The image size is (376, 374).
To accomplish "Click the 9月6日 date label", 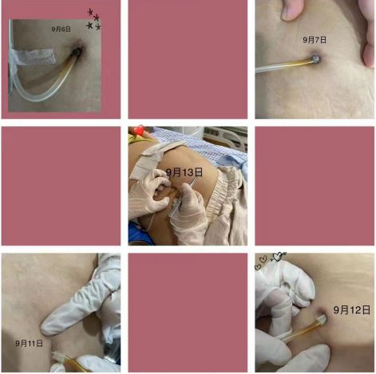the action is click(x=61, y=29).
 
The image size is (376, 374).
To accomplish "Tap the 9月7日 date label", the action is click(x=315, y=40).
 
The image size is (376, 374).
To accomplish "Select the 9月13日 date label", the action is click(x=184, y=172).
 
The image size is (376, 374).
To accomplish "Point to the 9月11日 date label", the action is click(x=29, y=343).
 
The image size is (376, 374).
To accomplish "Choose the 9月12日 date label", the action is click(x=351, y=309).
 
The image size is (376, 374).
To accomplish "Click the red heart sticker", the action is click(x=139, y=130).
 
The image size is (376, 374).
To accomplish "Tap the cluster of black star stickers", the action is click(x=93, y=19).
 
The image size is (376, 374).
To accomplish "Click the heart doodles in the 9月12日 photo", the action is click(x=270, y=259).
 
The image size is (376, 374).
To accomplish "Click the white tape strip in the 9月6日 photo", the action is click(x=33, y=57).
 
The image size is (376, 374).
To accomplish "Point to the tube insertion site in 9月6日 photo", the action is click(x=77, y=50).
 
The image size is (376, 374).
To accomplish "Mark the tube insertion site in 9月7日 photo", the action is click(x=315, y=59).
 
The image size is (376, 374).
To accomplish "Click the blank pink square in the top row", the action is click(x=188, y=59).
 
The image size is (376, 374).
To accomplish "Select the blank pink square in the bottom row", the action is click(x=188, y=313).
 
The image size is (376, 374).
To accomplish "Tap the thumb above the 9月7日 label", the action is click(x=291, y=10).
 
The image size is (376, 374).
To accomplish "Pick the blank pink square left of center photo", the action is click(x=61, y=186).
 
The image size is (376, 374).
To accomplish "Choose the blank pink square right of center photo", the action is click(x=315, y=186).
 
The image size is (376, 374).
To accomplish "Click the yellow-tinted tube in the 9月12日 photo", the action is click(x=304, y=330).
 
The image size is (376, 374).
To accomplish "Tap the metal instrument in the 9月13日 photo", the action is click(x=184, y=197).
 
